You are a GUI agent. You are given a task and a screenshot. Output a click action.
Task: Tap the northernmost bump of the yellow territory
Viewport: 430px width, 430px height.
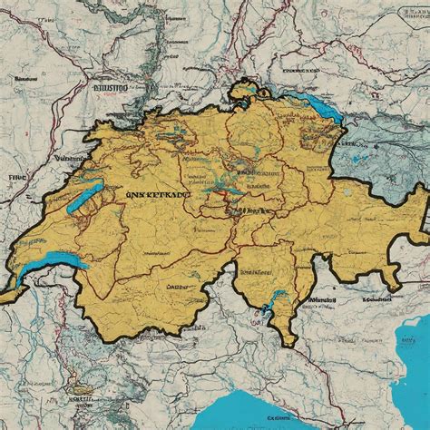coord(243,85)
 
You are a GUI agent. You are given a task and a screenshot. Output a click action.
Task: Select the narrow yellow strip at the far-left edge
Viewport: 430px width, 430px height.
coord(7,296)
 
